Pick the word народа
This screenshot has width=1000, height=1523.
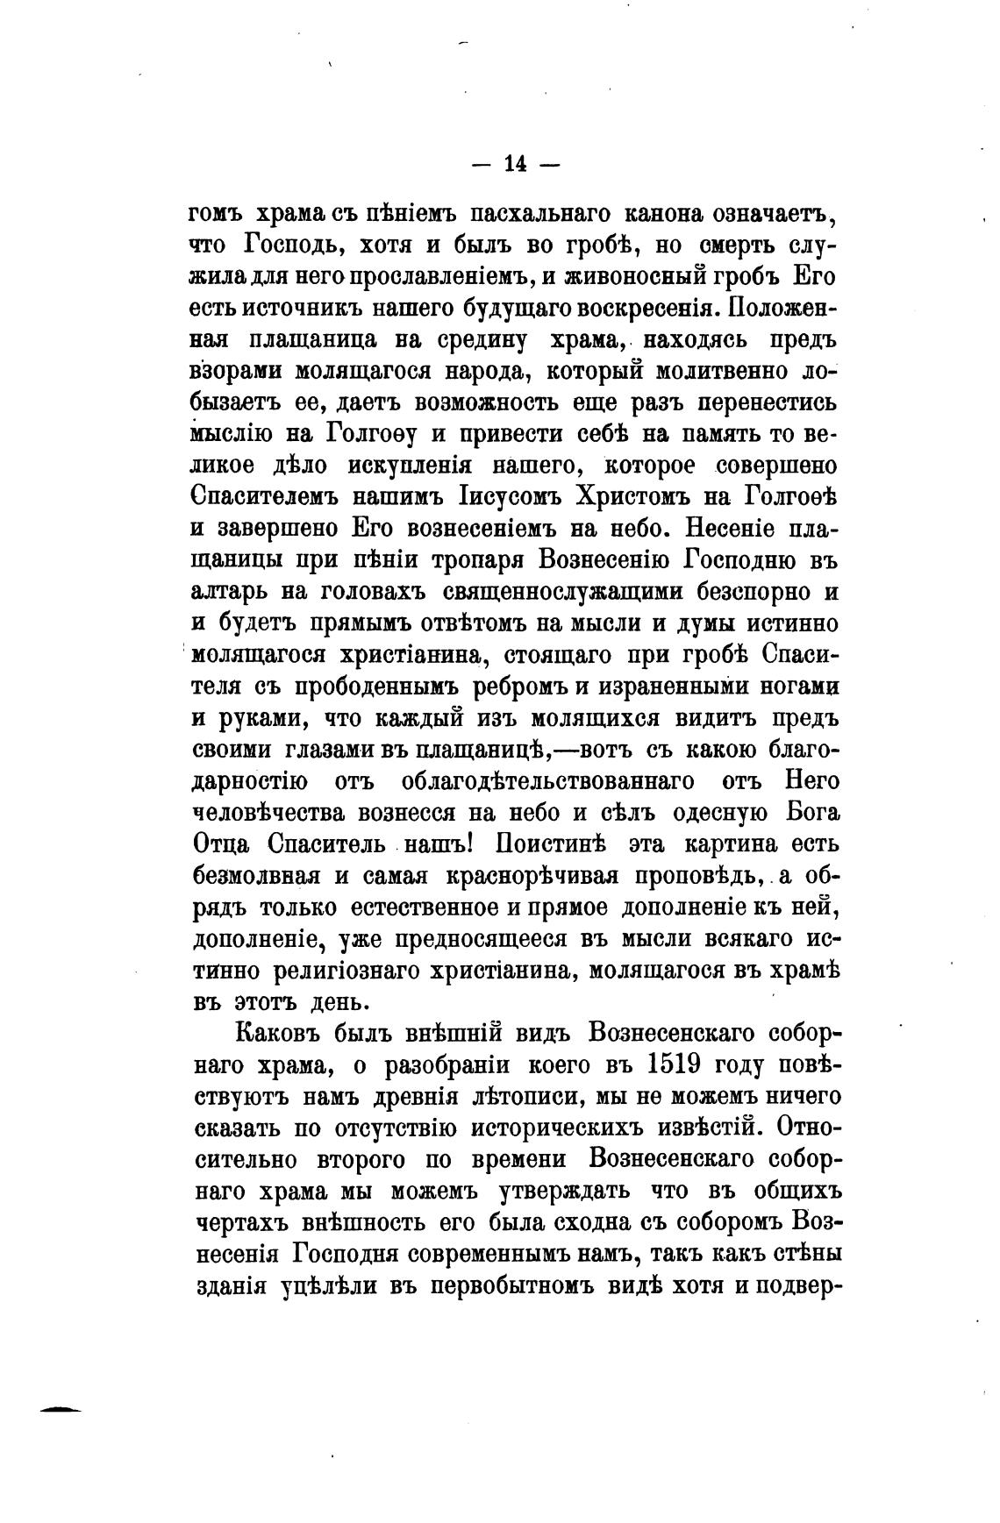coord(474,372)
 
